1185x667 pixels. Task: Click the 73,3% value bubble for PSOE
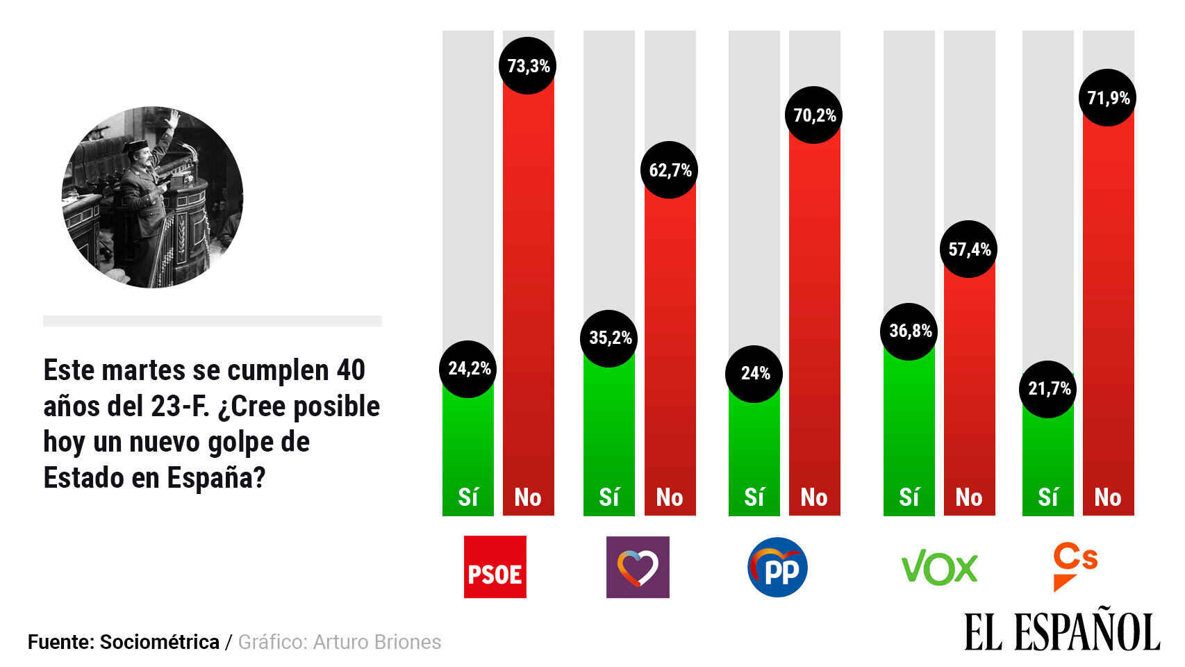click(x=528, y=66)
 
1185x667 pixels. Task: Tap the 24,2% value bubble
click(x=468, y=369)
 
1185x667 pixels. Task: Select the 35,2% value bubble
click(x=609, y=338)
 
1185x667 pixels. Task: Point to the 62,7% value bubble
click(x=669, y=170)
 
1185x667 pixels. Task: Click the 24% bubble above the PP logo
click(x=754, y=374)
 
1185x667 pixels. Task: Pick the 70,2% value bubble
click(x=814, y=115)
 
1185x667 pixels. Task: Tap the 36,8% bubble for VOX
click(x=909, y=331)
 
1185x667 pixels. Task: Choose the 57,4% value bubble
click(x=969, y=249)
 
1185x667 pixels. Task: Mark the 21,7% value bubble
click(x=1048, y=389)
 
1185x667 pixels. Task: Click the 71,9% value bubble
click(x=1108, y=98)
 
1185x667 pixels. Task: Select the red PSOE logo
click(x=495, y=567)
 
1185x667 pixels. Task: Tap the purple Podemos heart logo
click(x=638, y=567)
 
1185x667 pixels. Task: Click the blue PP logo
click(x=777, y=568)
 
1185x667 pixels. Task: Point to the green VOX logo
click(x=939, y=568)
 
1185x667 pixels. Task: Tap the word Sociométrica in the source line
click(x=160, y=642)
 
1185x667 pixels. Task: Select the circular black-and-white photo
click(x=153, y=197)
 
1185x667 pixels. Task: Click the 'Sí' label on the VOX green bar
click(x=909, y=497)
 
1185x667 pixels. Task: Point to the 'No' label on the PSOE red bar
click(x=528, y=497)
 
